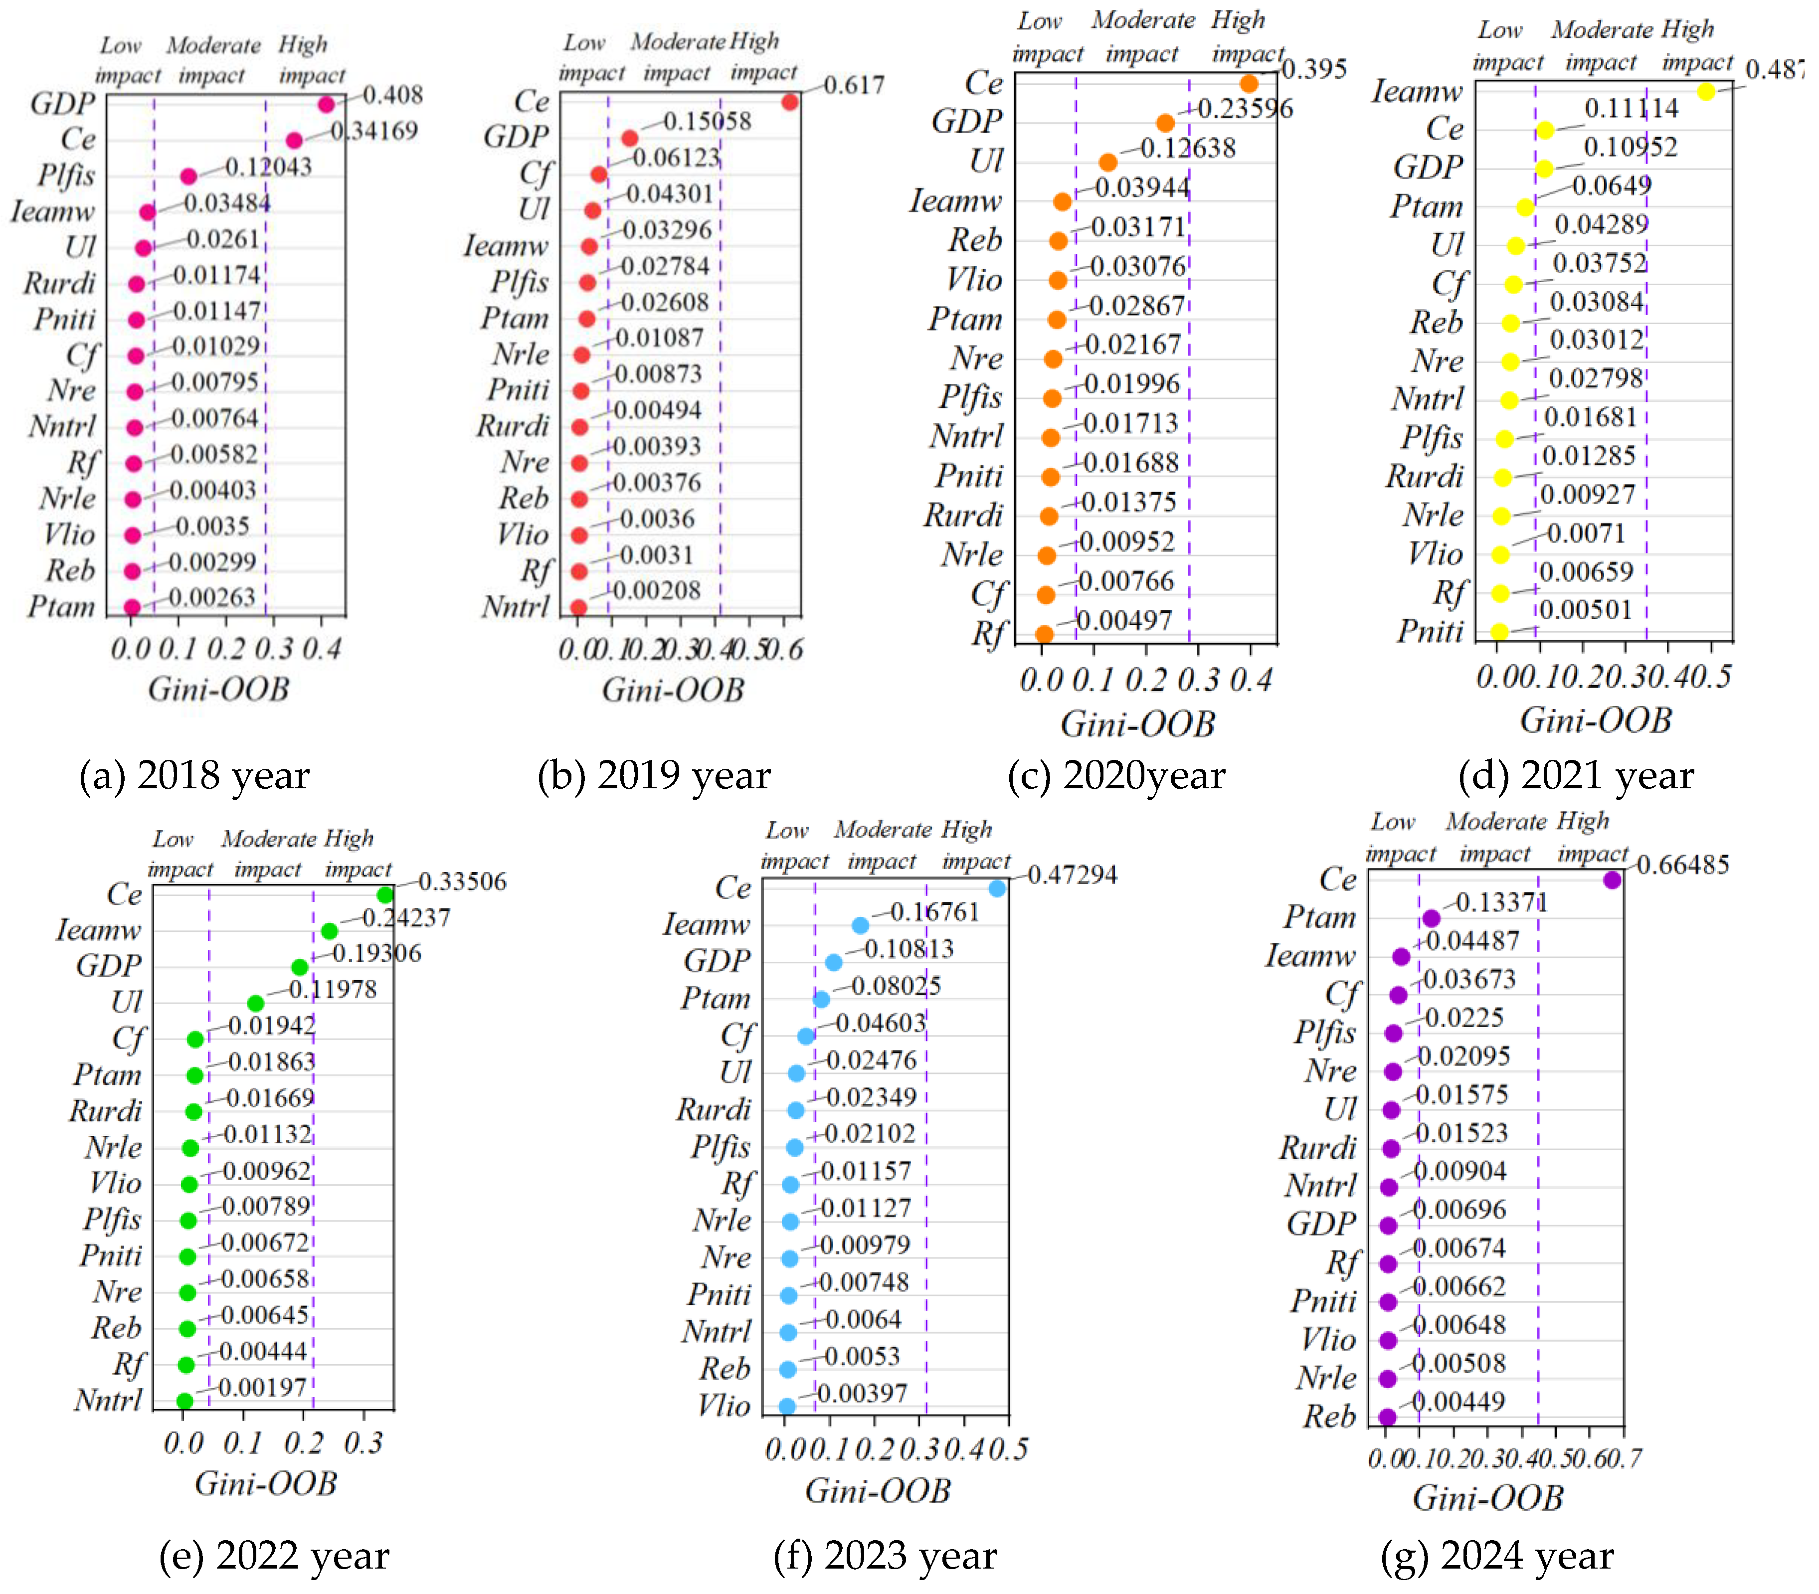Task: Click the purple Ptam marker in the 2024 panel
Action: tap(1430, 918)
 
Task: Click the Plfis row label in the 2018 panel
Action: tap(66, 175)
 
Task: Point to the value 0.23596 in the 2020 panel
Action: tap(1245, 109)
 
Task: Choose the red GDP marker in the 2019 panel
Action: tap(629, 138)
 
